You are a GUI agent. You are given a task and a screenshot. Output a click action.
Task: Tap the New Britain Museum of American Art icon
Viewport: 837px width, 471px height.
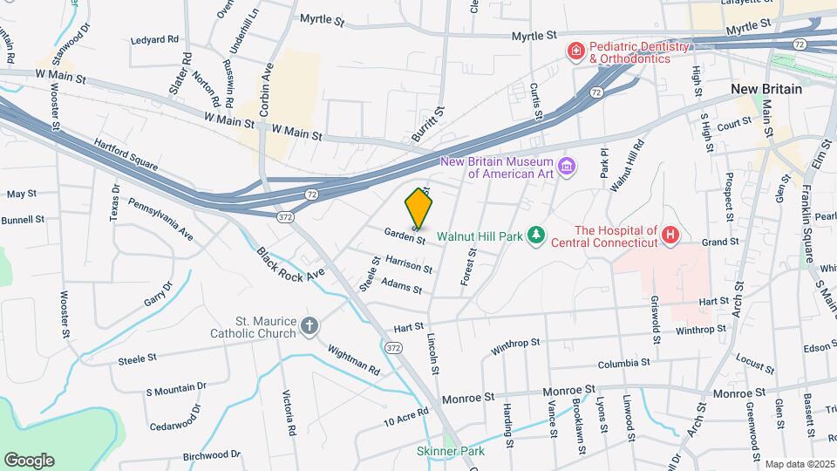pos(567,166)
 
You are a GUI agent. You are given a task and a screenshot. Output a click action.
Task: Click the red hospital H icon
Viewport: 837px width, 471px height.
pos(670,235)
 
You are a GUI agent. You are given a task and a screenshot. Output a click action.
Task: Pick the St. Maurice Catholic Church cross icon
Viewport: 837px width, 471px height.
pos(309,326)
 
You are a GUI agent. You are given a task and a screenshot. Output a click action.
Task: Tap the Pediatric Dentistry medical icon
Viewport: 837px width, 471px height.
pos(575,52)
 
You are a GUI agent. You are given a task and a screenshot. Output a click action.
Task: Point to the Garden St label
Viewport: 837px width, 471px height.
pos(405,235)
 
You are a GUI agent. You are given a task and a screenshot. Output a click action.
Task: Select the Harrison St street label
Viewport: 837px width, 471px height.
pos(410,265)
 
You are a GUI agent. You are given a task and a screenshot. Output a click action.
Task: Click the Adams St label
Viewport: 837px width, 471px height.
pos(401,287)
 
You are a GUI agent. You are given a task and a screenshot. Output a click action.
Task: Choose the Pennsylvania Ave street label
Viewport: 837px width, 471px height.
pos(160,218)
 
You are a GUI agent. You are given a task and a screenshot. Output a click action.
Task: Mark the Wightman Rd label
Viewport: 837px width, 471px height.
pos(353,358)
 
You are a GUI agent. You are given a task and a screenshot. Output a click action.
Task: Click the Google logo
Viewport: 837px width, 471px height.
pos(29,460)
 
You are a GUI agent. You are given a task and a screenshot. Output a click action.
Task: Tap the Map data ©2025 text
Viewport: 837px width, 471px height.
pos(799,465)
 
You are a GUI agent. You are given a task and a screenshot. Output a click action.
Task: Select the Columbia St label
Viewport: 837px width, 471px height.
pos(624,363)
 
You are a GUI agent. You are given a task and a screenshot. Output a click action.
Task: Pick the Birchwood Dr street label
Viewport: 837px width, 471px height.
pos(211,454)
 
